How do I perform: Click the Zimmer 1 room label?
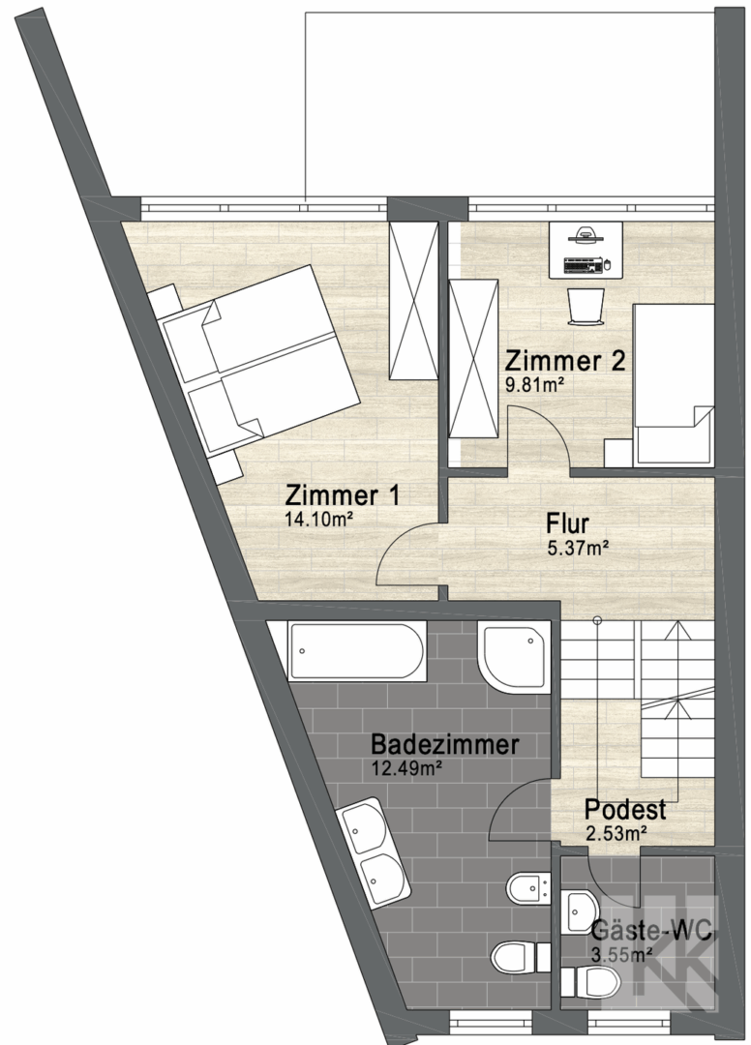pos(343,495)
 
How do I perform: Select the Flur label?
pos(568,523)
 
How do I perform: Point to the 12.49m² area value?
pos(407,768)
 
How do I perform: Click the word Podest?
pos(625,809)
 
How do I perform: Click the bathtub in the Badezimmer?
pos(357,651)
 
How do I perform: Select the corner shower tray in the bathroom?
pos(514,656)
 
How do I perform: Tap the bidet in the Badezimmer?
pos(527,887)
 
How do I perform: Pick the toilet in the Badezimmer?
pos(521,959)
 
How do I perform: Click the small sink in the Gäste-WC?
pos(581,911)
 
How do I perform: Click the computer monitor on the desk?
pos(585,234)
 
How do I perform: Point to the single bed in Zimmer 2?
pos(673,384)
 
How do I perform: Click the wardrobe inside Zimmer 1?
pos(414,301)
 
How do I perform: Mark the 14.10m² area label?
pos(318,520)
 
